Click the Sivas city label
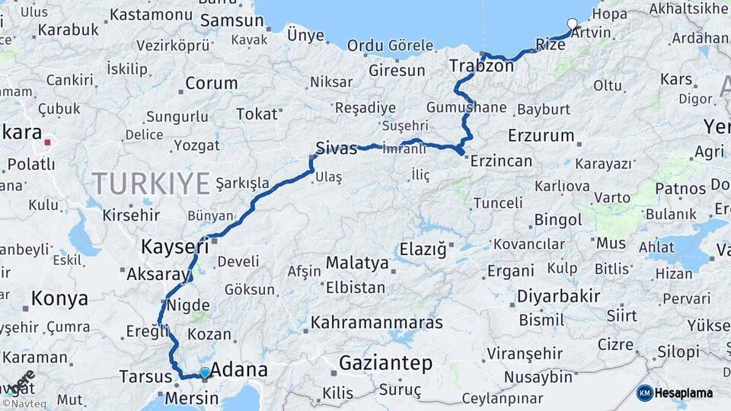point(336,148)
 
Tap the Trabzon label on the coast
point(481,65)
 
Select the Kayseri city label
point(174,247)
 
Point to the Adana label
point(238,370)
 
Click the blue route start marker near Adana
point(204,372)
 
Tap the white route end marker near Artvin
point(573,24)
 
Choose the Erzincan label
point(501,161)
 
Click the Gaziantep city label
point(386,363)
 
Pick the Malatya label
point(357,263)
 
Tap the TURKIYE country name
point(151,183)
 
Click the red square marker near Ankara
point(47,142)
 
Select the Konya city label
point(60,299)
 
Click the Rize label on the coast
point(550,45)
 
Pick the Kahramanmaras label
point(376,323)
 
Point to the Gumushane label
point(466,107)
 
